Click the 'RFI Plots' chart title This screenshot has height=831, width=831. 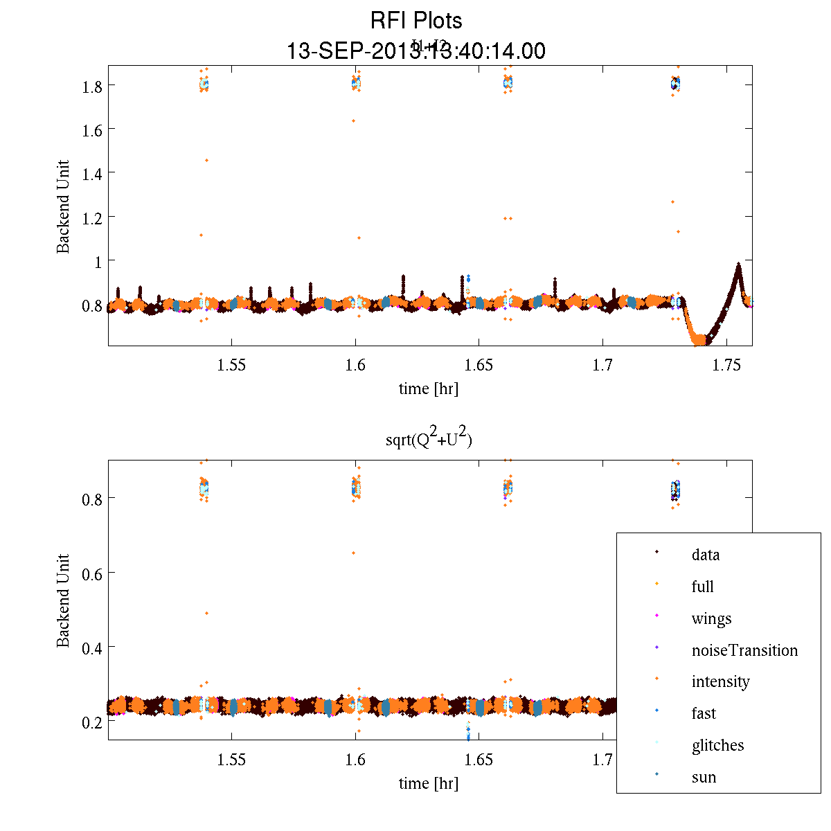(415, 20)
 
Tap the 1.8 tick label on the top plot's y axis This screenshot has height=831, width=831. (93, 86)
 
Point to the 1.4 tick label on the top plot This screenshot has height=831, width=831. (93, 173)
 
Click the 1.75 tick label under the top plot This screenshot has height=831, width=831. (726, 365)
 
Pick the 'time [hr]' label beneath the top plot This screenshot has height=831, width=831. (428, 388)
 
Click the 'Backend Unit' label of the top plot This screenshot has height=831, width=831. (63, 206)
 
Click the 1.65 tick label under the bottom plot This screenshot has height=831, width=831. (479, 760)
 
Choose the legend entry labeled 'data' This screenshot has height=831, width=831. (705, 555)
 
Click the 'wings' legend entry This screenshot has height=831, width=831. (711, 618)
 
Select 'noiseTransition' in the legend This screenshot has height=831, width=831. (744, 650)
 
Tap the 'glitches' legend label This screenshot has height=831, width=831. (717, 745)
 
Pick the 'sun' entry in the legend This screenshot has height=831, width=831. (704, 777)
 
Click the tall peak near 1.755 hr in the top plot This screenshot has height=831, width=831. (738, 265)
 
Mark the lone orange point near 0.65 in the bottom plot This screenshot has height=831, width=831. (353, 553)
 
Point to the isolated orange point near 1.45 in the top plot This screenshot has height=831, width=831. (206, 160)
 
